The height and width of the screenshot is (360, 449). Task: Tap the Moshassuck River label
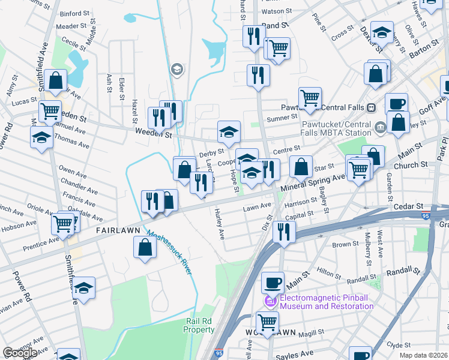[x=170, y=253]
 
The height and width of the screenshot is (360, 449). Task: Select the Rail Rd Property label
[x=199, y=325]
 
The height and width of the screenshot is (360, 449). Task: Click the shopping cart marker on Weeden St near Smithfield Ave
[x=50, y=110]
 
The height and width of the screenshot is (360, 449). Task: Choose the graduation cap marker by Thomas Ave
[x=41, y=136]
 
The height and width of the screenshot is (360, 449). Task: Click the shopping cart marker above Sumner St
[x=310, y=97]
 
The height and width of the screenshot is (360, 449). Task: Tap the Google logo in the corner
[x=20, y=353]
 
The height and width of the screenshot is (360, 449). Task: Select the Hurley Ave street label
[x=220, y=223]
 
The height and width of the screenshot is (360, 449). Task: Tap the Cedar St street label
[x=409, y=206]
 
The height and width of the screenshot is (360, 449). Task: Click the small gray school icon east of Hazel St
[x=176, y=70]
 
